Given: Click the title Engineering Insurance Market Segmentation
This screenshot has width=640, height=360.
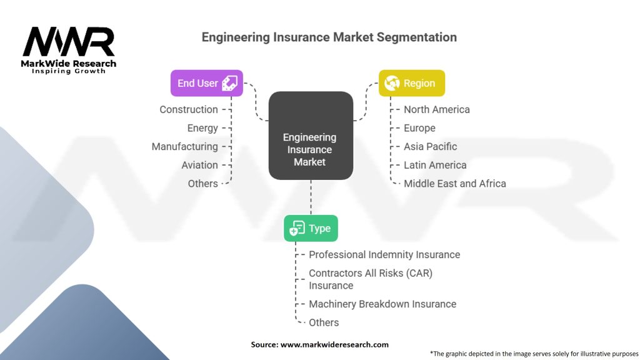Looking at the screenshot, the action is click(329, 37).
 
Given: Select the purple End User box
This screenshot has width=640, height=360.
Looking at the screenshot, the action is click(206, 82).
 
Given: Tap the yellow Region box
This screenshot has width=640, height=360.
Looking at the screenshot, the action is click(412, 82).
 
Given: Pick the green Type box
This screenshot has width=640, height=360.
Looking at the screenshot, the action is click(311, 228).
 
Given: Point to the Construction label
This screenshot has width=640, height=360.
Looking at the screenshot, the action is click(189, 109).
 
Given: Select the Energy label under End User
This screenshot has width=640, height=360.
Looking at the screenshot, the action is click(202, 128).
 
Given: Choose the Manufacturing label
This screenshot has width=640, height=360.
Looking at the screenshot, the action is click(184, 146).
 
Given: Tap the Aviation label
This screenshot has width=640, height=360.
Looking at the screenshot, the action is click(199, 165).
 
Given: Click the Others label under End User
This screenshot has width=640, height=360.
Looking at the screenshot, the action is click(202, 183).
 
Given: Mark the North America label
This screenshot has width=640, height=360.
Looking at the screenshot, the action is click(436, 109).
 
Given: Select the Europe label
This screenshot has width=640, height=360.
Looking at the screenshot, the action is click(419, 128).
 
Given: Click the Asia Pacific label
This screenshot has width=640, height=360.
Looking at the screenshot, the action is click(430, 146).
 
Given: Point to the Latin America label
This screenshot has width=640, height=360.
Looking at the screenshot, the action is click(435, 165).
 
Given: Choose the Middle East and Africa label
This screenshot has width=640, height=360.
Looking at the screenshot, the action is click(454, 183).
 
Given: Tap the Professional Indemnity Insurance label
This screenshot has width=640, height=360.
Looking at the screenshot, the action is click(384, 254).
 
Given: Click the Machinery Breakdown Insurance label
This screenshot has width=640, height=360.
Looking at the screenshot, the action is click(382, 304).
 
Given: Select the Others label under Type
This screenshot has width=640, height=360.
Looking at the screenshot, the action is click(324, 322).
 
